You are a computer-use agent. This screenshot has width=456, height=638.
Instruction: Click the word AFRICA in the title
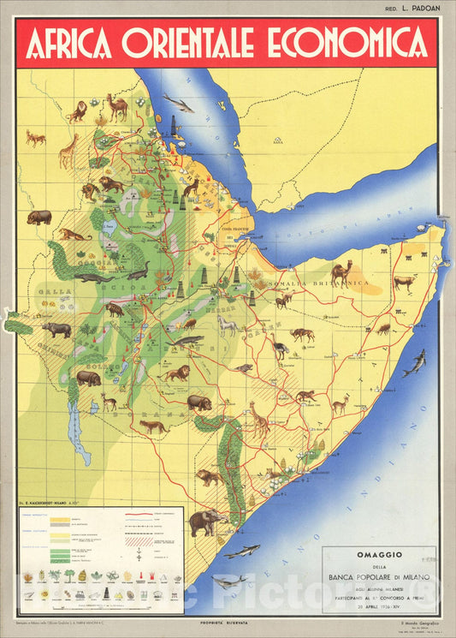coord(70,43)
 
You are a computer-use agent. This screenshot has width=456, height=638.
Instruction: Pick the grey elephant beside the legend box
coord(205,522)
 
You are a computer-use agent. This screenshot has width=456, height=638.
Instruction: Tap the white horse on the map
coord(227,325)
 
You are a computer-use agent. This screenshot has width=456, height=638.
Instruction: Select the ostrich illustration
coord(281,349)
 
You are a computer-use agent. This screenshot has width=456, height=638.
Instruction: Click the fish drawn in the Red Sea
coord(177,104)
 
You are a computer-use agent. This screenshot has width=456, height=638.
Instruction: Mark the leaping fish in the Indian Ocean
coord(415,363)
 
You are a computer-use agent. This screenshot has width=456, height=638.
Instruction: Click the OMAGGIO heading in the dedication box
coord(379,563)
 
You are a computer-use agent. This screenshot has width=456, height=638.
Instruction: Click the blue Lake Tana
coord(110,228)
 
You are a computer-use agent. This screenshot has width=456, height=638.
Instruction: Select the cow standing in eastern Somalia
coord(403,281)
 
